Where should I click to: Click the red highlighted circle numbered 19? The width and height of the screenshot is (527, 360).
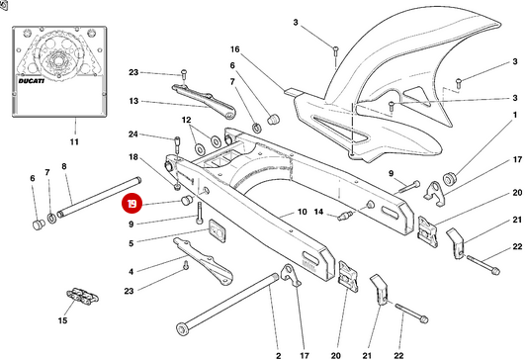(132, 204)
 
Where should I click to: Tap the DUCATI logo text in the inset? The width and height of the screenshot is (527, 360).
(31, 81)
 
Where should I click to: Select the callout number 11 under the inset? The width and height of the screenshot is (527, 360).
(74, 141)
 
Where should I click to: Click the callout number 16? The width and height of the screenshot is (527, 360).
(235, 49)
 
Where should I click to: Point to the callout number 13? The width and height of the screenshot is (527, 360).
(133, 101)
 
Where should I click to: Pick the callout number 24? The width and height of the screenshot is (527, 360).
(133, 135)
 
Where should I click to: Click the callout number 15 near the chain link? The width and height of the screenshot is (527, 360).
(62, 320)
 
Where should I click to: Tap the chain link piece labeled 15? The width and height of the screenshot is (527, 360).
(82, 295)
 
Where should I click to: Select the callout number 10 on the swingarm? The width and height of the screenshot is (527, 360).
(303, 212)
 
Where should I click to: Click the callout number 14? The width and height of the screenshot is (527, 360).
(318, 212)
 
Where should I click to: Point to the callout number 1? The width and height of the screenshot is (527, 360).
(514, 116)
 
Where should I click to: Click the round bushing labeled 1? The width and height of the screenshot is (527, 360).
(449, 178)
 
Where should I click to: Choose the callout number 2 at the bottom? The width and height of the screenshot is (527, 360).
(278, 355)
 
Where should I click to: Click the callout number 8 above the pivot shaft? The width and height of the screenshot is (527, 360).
(64, 166)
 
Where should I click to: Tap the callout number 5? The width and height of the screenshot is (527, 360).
(132, 243)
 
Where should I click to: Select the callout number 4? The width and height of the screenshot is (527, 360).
(132, 272)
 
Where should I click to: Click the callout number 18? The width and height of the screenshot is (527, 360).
(133, 157)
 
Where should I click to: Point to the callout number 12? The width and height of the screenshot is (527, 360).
(186, 120)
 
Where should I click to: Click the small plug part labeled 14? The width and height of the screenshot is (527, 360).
(344, 216)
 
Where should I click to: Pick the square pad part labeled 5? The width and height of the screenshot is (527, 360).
(218, 230)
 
